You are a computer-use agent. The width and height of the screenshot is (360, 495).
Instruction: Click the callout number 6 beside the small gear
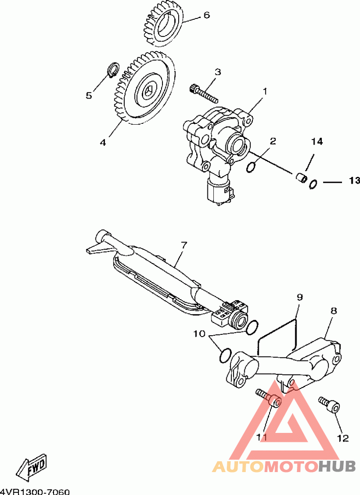[x=206, y=15]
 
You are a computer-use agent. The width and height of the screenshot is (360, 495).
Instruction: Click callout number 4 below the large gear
[x=103, y=142]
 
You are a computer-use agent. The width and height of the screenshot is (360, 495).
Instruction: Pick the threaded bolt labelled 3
[x=204, y=93]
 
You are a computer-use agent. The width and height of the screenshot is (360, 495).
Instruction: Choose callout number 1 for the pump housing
[x=265, y=91]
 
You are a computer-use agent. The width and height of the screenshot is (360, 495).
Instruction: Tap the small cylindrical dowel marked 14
[x=301, y=177]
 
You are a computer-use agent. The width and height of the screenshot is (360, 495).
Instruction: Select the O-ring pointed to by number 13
[x=313, y=184]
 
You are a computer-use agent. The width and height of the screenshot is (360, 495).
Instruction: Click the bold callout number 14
[x=317, y=141]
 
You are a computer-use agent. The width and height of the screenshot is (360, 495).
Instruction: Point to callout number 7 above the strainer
[x=184, y=245]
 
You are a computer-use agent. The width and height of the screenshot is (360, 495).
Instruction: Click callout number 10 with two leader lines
[x=199, y=333]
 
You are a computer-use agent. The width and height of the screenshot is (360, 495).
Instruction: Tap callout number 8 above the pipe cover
[x=334, y=310]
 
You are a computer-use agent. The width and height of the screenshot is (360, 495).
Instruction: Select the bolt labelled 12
[x=329, y=404]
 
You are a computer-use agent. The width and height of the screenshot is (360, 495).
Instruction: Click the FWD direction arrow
[x=32, y=466]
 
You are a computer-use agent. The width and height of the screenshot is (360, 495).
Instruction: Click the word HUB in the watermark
[x=337, y=466]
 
